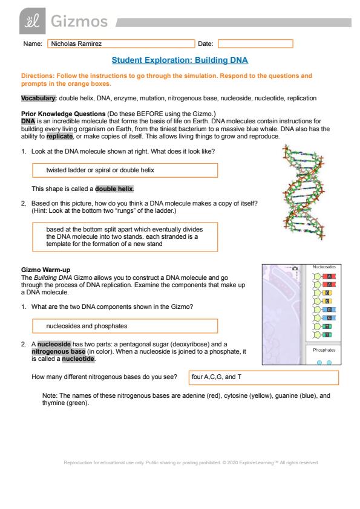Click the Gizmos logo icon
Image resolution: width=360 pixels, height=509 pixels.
coord(33,21)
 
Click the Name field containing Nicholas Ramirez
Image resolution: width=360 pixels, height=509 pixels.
coord(121,44)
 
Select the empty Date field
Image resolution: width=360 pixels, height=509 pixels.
coord(255,44)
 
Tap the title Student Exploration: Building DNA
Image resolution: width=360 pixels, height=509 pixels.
coord(180,60)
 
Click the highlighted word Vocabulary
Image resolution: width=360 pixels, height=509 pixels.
coord(39,98)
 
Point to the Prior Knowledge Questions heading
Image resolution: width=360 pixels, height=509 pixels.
coord(64,114)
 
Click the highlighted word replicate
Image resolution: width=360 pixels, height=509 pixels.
coord(59,137)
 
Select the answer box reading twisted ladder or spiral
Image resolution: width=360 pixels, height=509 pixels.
coord(125,170)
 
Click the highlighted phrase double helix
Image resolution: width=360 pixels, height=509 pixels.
coord(114,189)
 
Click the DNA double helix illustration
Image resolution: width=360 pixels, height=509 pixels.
coord(304,192)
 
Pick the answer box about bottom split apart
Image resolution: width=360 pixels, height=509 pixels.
coord(125,237)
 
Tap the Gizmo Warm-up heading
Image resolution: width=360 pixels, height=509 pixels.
coord(45,270)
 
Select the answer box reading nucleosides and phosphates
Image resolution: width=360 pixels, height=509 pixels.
coord(125,326)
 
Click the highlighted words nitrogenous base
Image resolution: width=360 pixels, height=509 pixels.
coord(59,352)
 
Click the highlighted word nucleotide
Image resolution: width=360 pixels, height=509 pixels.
coord(78,359)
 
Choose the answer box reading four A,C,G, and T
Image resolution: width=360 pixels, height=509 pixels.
coord(264,378)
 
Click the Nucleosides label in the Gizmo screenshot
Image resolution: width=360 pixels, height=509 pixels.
coord(324,267)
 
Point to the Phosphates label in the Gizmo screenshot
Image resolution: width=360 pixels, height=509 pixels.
coord(324,350)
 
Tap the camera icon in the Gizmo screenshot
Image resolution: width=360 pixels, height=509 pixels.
coord(295,268)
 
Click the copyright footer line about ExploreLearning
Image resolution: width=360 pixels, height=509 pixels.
coord(191,462)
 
